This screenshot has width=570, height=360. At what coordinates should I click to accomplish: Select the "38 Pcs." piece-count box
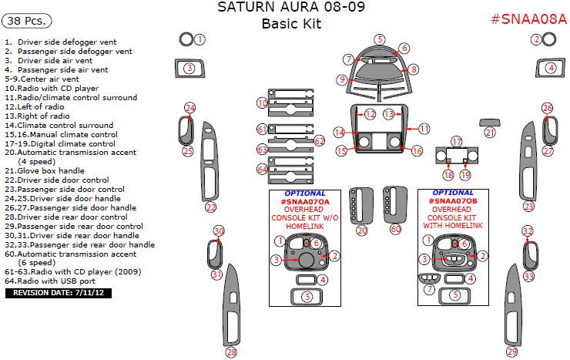tap(25, 19)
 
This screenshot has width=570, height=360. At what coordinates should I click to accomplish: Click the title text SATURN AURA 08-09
tap(291, 8)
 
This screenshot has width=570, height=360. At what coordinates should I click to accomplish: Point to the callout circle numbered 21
tap(490, 133)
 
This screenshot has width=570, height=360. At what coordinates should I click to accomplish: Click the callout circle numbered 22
tap(210, 207)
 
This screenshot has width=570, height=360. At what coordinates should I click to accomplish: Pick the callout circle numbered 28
tap(231, 352)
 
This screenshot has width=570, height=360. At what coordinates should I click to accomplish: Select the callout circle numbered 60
tap(395, 229)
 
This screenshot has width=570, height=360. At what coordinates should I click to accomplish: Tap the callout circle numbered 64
tap(263, 168)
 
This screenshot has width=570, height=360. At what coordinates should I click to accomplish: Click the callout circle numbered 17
tap(457, 142)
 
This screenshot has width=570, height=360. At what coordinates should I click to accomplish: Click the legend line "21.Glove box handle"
tap(46, 170)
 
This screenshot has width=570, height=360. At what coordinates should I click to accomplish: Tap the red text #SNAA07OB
tap(453, 201)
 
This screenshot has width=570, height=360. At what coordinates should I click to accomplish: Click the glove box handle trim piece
tap(489, 121)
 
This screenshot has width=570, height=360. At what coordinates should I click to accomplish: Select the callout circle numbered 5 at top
tap(380, 39)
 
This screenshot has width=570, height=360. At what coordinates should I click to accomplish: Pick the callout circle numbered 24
tap(190, 108)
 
